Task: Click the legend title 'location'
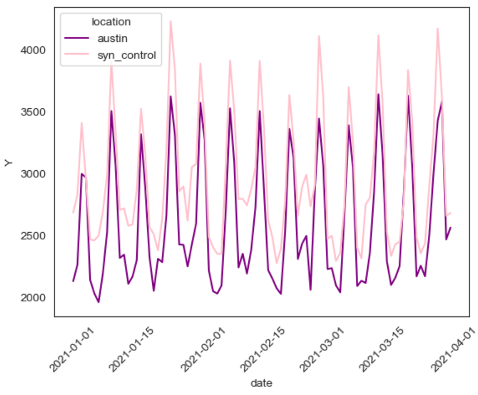tap(111, 22)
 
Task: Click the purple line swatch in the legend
tap(78, 38)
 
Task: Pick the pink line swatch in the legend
tap(78, 55)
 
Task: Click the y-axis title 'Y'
tap(8, 163)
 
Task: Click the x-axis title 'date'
tap(261, 383)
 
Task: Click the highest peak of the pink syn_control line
tap(171, 21)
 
